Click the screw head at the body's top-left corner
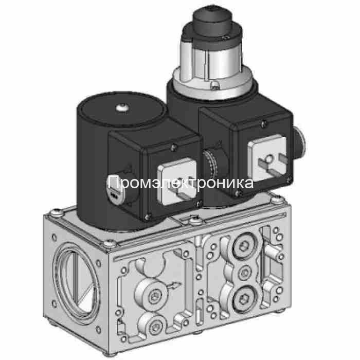click(55, 211)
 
